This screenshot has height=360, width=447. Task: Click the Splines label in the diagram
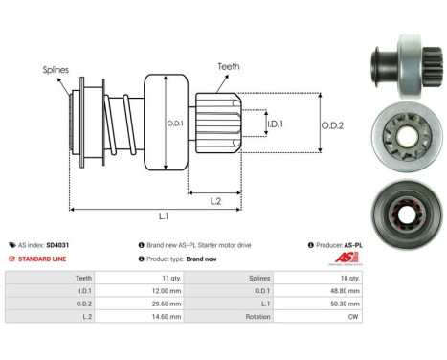[x=55, y=70]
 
